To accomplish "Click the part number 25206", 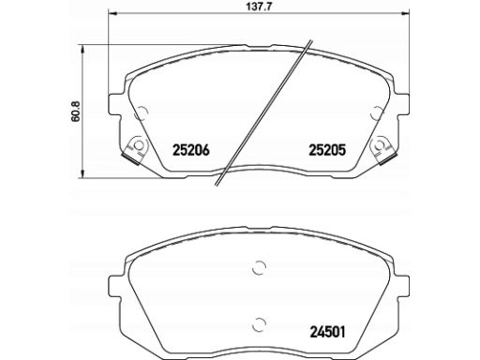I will pos(192,148).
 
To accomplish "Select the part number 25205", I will pos(328,148).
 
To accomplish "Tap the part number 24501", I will pos(328,330).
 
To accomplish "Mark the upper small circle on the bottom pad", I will pos(259,268).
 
